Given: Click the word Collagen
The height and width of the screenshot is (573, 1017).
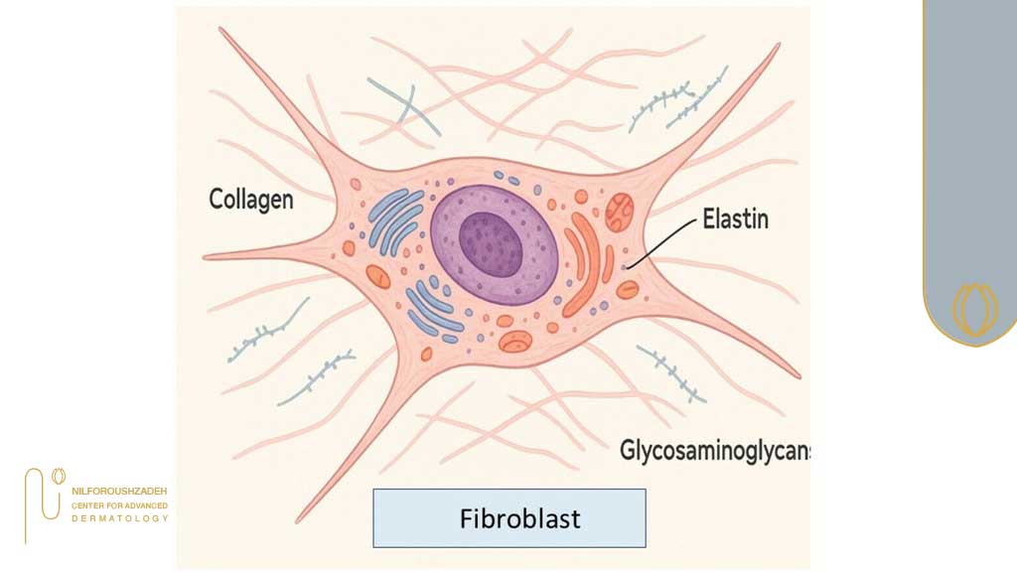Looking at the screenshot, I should (250, 199).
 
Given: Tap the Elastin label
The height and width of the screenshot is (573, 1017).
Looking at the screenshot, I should (735, 218).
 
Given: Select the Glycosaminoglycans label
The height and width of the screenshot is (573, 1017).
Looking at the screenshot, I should (714, 450).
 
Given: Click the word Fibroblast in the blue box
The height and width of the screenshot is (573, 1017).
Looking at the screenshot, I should (508, 518).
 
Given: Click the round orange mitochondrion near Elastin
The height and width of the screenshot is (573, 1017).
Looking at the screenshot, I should (621, 210).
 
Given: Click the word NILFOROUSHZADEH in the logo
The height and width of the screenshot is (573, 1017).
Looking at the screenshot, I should (119, 492).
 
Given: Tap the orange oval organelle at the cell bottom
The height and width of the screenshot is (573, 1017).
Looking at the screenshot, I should (515, 342).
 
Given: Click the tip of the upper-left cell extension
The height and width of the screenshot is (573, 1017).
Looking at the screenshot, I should (221, 31).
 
